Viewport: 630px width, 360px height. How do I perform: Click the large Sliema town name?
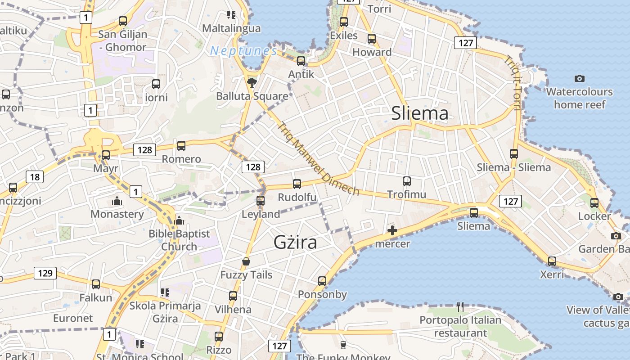pos(419,113)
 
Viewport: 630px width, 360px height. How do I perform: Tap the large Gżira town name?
pos(295,243)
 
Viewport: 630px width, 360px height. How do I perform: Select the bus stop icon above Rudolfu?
pos(297,184)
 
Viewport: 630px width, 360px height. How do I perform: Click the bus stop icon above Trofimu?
pos(407,181)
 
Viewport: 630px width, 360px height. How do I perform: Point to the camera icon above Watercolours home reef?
pos(580,79)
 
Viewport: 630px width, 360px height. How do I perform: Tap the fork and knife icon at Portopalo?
pos(460,307)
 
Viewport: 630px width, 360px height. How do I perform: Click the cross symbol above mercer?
pos(392,231)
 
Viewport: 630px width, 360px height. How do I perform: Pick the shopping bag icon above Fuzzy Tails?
pos(246,261)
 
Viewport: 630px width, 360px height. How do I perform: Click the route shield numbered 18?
pos(35,177)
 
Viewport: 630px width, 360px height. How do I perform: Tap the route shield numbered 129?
pos(45,273)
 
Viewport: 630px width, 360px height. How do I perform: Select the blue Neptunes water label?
pos(243,51)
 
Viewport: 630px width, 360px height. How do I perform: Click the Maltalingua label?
pos(231,28)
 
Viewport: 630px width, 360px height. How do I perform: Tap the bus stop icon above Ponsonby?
pos(322,281)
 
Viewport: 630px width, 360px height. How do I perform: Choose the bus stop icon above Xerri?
pos(552,261)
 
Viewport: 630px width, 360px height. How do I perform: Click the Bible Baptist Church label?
pos(179,240)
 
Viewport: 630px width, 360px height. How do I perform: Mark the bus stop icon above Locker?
pos(594,203)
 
